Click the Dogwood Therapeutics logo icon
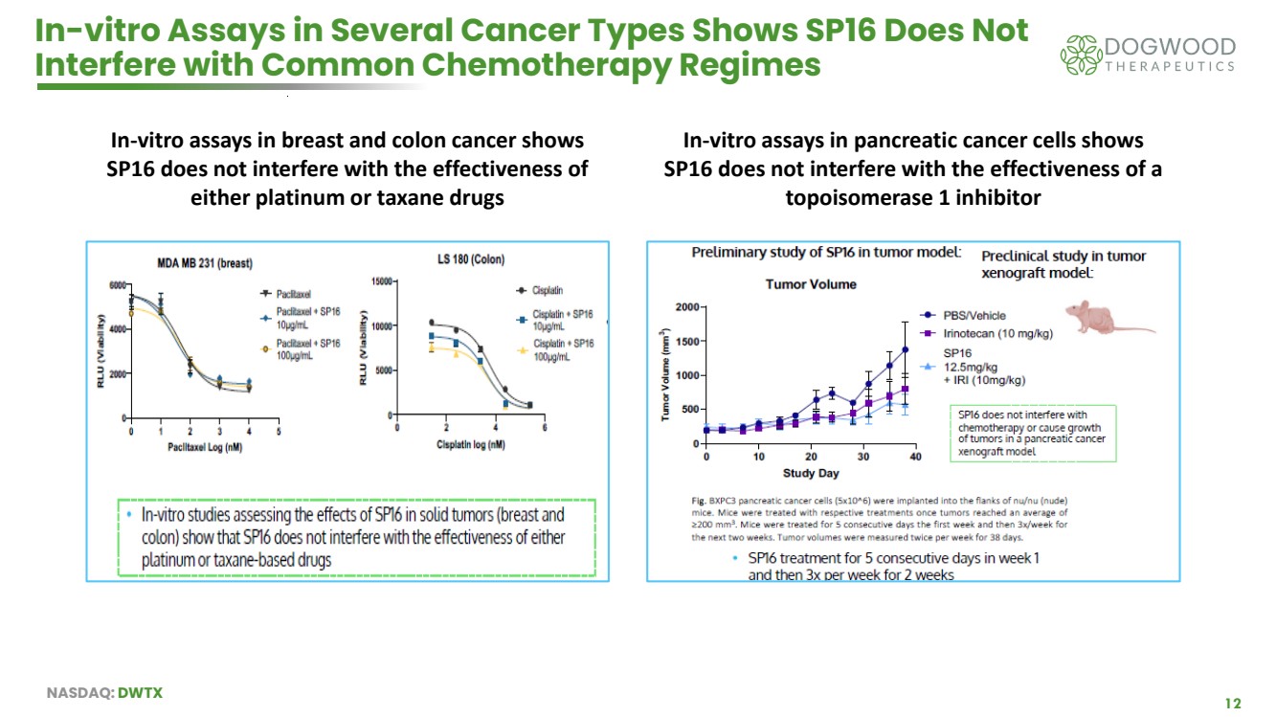tap(1081, 55)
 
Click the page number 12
tap(1233, 703)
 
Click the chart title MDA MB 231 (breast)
tap(205, 262)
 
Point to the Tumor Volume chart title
tap(811, 283)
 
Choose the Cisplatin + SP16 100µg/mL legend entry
tap(562, 349)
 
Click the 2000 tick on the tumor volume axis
tap(683, 307)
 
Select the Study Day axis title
tap(811, 473)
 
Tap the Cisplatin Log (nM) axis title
tap(470, 445)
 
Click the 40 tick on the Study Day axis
tap(915, 458)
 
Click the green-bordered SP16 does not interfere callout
tap(1033, 434)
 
